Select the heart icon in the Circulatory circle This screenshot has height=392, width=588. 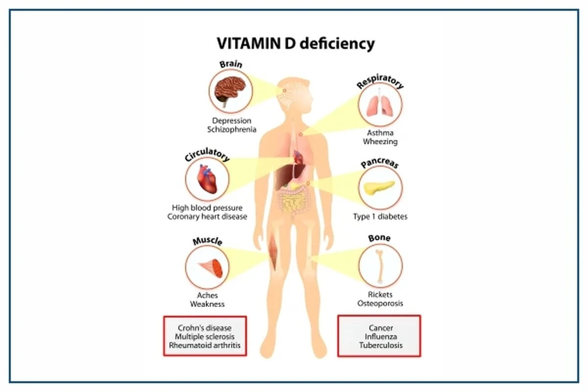click(206, 179)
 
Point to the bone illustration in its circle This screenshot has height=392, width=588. click(380, 266)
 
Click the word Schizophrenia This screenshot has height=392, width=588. click(232, 129)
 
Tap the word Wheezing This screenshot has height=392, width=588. click(380, 142)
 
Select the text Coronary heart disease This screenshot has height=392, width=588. click(207, 216)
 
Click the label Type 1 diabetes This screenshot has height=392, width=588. click(380, 216)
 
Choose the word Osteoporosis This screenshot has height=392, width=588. click(380, 303)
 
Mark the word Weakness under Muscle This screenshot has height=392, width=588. click(207, 304)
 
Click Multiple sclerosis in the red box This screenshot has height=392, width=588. click(205, 337)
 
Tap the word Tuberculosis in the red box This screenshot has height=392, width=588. click(380, 345)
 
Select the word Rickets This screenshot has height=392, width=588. click(380, 295)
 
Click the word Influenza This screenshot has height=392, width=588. click(380, 337)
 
